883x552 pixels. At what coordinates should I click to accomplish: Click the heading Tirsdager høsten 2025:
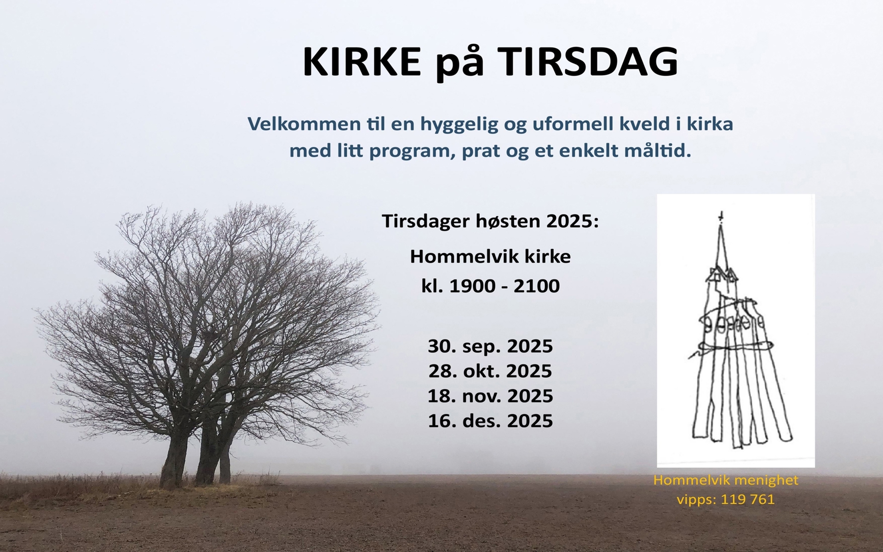tap(491, 222)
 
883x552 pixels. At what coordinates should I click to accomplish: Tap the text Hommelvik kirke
tap(490, 256)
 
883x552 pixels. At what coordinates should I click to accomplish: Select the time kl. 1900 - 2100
tap(490, 286)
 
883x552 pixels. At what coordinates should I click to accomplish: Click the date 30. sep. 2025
tap(490, 346)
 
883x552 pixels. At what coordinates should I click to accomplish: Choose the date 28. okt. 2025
tap(490, 371)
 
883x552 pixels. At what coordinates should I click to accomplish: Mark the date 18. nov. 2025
tap(490, 396)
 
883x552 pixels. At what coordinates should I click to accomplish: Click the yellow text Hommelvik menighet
tap(726, 481)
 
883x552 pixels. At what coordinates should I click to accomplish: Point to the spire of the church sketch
tap(721, 248)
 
